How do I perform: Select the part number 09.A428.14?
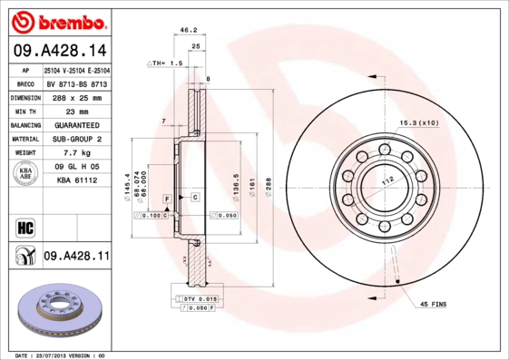(59, 51)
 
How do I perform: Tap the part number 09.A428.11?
(76, 257)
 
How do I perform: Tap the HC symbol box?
(24, 227)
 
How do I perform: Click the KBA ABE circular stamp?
(24, 174)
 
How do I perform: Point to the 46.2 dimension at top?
(189, 30)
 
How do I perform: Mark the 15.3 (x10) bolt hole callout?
(418, 121)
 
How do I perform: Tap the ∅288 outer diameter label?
(269, 187)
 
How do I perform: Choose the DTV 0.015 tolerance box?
(201, 298)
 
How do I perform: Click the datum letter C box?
(195, 197)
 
